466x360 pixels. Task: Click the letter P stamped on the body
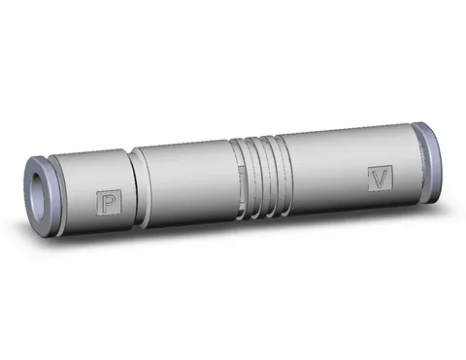click(109, 203)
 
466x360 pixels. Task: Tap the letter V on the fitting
click(380, 179)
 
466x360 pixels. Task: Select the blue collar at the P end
click(42, 197)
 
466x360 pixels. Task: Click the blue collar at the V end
click(428, 163)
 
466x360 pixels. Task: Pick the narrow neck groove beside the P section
click(138, 188)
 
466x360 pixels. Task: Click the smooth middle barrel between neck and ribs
click(188, 184)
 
